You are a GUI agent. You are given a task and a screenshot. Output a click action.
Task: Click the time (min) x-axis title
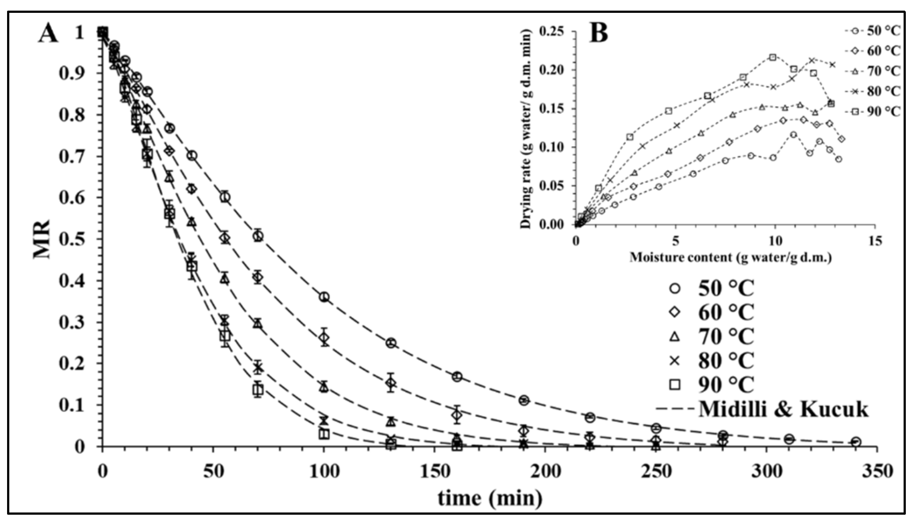490,498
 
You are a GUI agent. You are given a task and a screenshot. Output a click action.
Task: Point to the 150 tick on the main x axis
435,472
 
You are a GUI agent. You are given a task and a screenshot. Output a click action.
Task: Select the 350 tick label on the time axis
877,472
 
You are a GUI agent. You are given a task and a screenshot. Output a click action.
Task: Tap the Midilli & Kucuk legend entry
761,409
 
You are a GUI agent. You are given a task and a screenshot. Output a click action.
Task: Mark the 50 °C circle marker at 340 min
856,442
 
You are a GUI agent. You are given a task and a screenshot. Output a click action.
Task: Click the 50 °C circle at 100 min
324,297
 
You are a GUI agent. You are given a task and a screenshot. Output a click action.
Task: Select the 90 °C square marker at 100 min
324,434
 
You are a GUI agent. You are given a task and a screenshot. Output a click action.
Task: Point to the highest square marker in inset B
773,58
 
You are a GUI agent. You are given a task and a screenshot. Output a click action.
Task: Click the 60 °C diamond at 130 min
390,383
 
